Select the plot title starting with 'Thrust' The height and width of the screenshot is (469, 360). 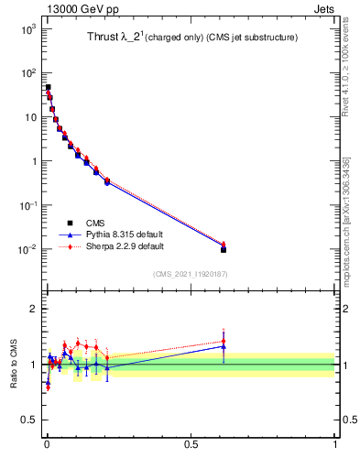pos(183,38)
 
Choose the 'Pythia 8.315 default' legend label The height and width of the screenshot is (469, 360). pos(125,234)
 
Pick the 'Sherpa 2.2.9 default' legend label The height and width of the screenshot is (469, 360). pos(126,246)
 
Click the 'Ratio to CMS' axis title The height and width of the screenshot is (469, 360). pos(13,365)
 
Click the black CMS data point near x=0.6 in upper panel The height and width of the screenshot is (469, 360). pos(224,249)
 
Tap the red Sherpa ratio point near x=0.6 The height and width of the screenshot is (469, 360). pos(224,342)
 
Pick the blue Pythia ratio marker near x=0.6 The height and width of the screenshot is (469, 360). pos(224,347)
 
